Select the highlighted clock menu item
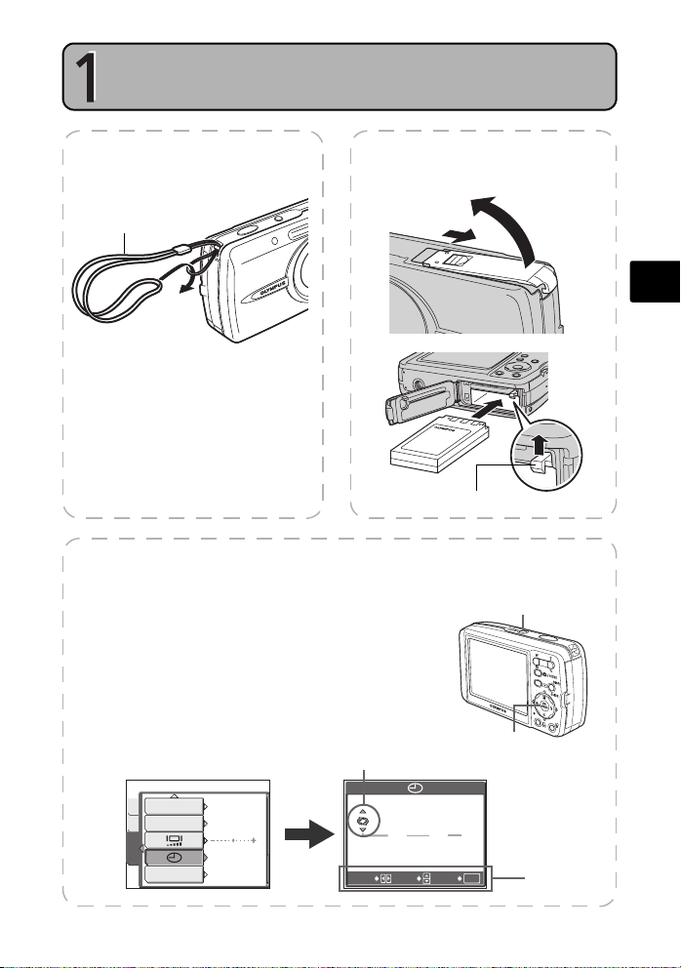coord(175,857)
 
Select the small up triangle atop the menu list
coord(174,795)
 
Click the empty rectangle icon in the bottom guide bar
coord(471,878)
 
